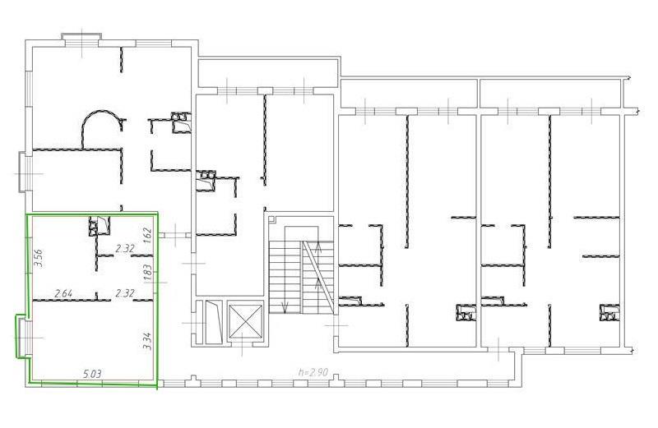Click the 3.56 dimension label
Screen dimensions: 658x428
(x=39, y=258)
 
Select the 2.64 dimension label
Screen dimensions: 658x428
(x=64, y=293)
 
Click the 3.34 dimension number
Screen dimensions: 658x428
(x=147, y=340)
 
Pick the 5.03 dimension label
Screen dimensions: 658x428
(x=93, y=374)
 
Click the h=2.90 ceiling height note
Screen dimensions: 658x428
(x=313, y=372)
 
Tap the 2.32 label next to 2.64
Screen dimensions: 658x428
(x=125, y=293)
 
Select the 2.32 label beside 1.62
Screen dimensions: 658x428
(x=125, y=249)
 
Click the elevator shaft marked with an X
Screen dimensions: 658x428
(x=245, y=321)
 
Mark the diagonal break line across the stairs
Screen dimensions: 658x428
(x=319, y=277)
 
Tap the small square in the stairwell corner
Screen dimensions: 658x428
(x=271, y=219)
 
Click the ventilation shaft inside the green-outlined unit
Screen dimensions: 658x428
(x=99, y=226)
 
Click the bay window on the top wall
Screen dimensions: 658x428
(x=81, y=38)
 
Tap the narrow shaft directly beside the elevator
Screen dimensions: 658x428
(x=212, y=321)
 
